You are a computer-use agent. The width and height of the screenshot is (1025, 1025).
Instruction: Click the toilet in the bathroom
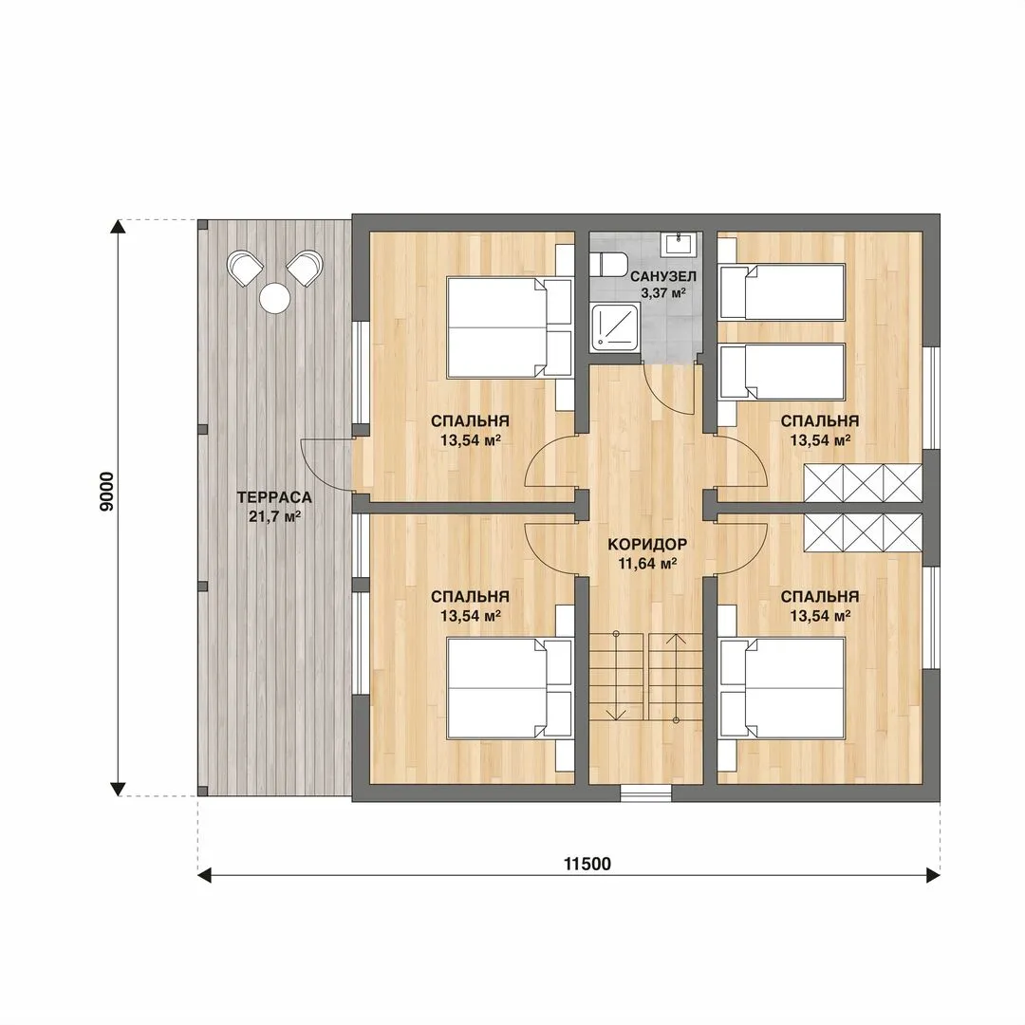[x=608, y=266]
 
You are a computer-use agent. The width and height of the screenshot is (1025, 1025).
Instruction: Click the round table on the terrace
[x=274, y=298]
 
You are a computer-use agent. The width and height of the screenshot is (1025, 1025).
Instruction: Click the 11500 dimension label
[x=587, y=865]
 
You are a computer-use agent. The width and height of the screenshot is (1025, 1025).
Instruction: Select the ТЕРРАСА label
[x=274, y=497]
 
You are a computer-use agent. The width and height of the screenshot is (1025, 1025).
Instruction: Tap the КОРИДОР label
[x=647, y=544]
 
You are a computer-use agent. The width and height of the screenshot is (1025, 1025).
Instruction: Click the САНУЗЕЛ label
[x=662, y=276]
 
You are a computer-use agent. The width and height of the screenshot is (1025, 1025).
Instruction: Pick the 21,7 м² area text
[x=274, y=516]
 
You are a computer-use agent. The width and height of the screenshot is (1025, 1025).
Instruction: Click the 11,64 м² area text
[x=647, y=563]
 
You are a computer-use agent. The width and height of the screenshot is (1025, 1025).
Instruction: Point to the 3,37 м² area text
[x=662, y=293]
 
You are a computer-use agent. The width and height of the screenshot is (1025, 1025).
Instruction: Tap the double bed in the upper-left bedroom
[x=510, y=327]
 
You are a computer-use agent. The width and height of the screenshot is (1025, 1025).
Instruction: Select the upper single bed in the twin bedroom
[x=782, y=291]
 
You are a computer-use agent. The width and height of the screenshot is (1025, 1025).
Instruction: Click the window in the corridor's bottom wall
[x=646, y=792]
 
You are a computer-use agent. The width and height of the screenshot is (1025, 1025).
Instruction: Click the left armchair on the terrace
[x=246, y=268]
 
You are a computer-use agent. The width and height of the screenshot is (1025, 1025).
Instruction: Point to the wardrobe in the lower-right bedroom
[x=863, y=532]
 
